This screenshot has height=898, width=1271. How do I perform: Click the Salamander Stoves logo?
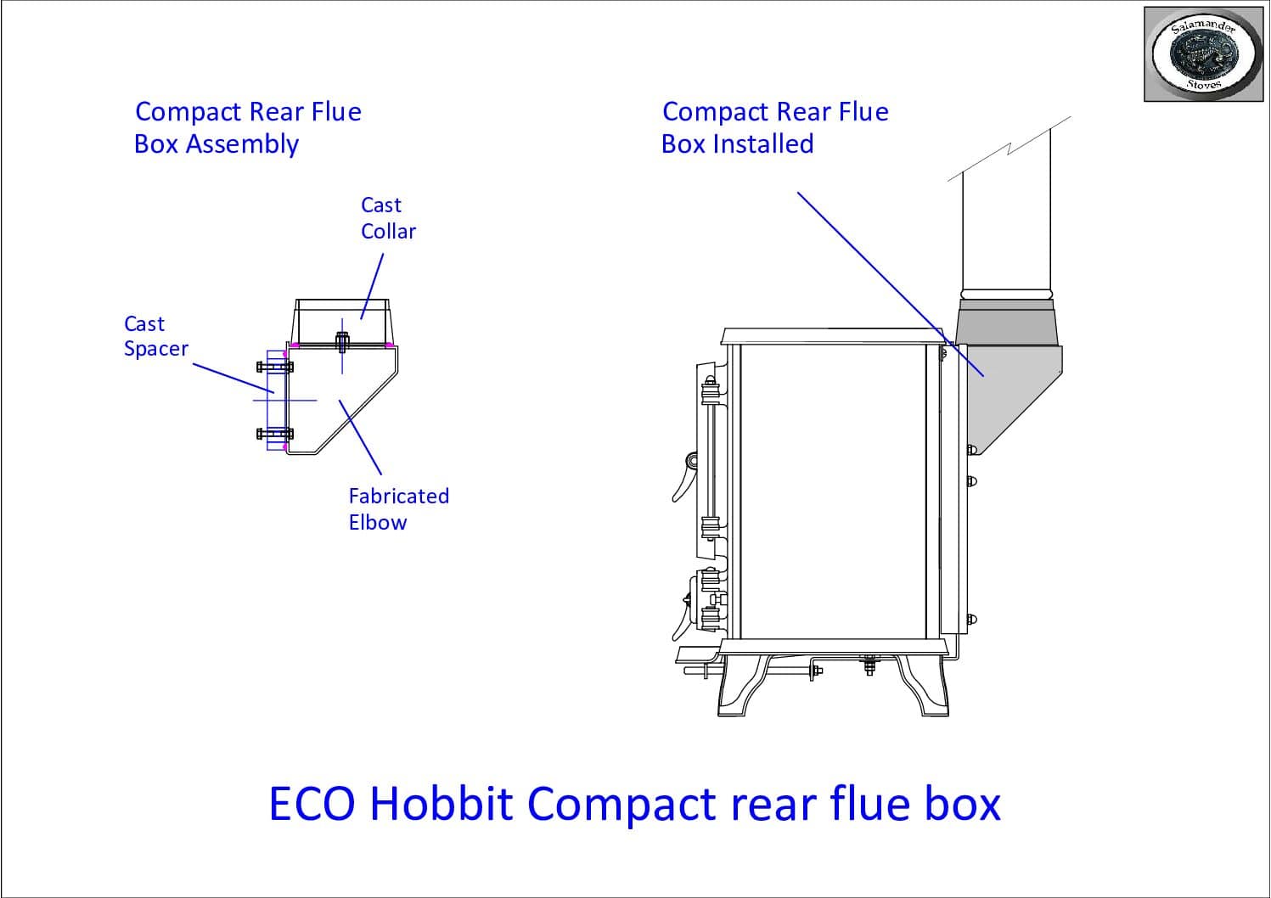[x=1206, y=54]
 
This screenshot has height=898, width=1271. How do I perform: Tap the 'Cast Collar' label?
[x=388, y=218]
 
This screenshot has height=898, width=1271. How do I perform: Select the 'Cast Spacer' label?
[x=155, y=336]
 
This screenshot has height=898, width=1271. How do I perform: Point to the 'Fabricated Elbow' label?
[x=398, y=508]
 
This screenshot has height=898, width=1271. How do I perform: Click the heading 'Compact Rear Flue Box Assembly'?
[x=248, y=127]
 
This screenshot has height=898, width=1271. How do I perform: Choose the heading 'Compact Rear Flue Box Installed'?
[x=774, y=127]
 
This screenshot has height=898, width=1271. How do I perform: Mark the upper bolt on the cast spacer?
[x=274, y=367]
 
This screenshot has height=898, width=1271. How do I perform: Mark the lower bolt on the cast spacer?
[x=274, y=434]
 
